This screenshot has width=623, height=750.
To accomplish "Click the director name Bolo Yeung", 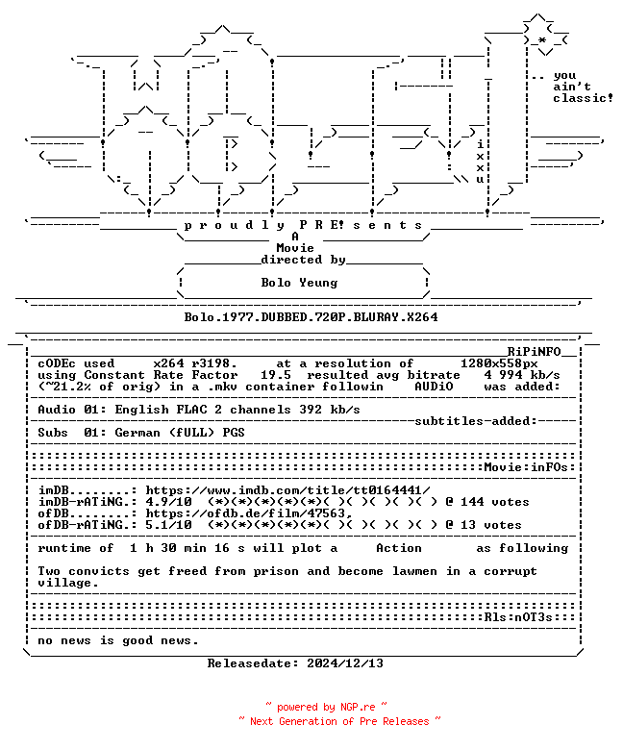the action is [299, 283].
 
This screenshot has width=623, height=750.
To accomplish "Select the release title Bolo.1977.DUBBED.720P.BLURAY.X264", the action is [311, 317].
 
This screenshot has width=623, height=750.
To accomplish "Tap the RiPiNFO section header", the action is [534, 352].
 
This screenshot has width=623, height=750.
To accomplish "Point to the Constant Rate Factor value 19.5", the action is [276, 375].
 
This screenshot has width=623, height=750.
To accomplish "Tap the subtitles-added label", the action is [476, 421].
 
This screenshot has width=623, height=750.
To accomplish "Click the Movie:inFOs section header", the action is [526, 467].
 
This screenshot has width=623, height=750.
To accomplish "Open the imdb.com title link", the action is [287, 490].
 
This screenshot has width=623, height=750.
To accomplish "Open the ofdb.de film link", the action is [249, 513].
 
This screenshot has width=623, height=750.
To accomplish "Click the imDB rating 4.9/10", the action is [169, 502].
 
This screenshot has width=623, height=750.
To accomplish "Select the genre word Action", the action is [399, 548].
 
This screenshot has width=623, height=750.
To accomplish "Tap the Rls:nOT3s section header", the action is [518, 617].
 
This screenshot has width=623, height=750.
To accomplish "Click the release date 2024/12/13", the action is [345, 663].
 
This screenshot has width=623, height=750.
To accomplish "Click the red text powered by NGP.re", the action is [326, 707].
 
